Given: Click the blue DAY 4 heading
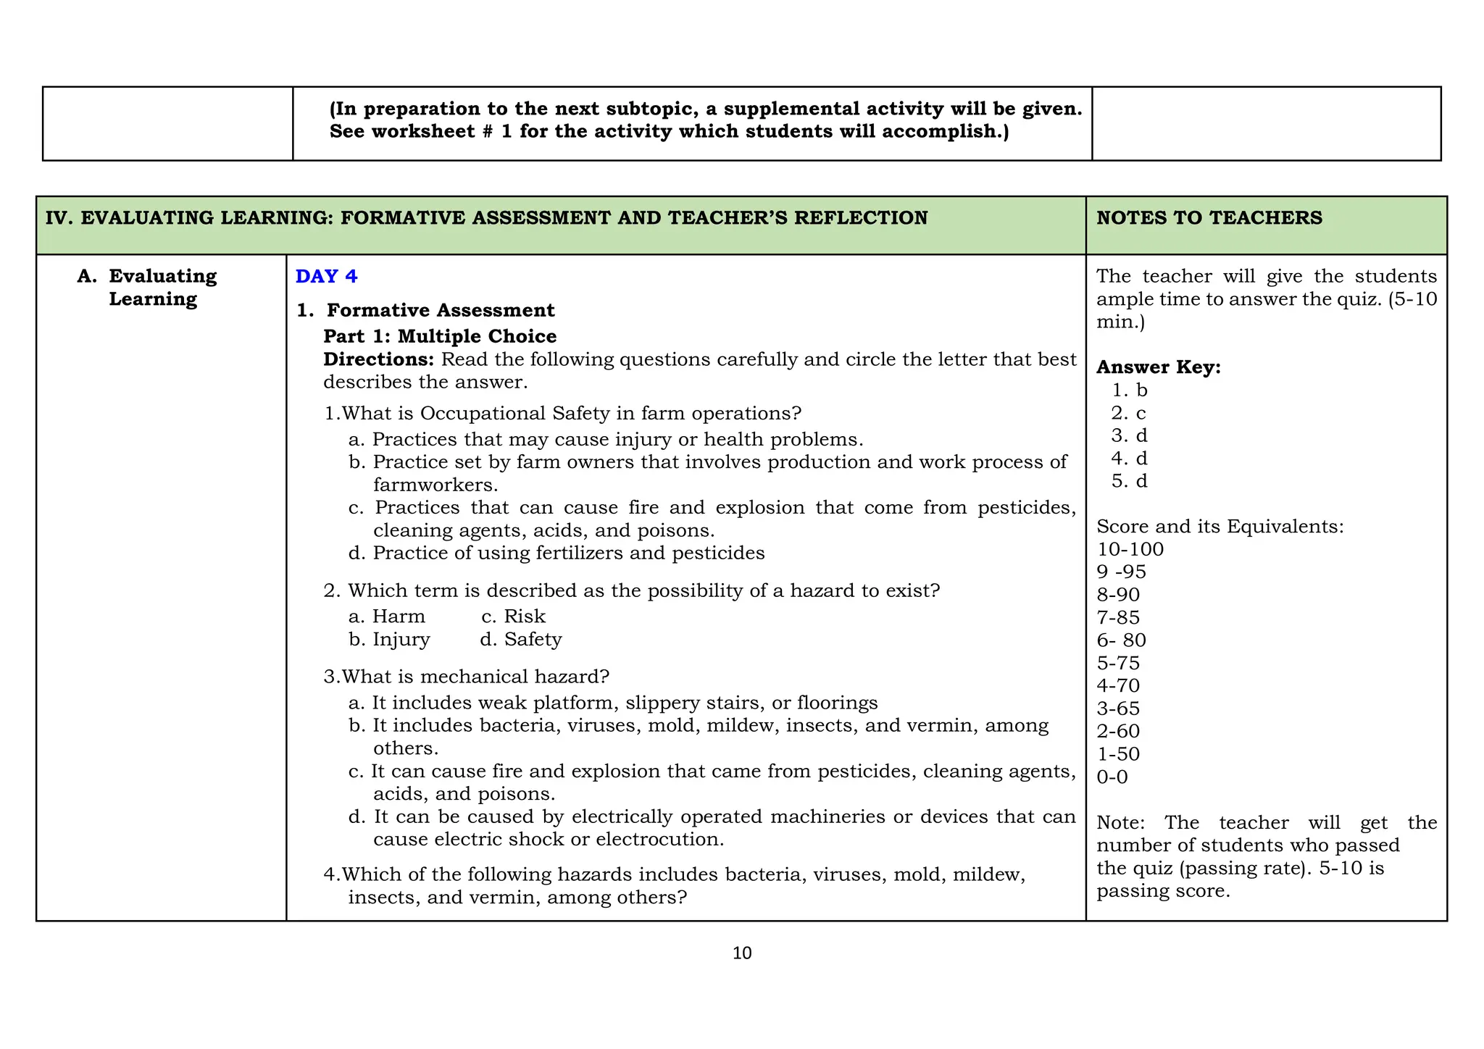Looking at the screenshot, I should [x=326, y=277].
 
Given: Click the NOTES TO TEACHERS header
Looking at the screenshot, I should [x=1209, y=218].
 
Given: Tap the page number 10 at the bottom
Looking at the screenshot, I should [x=742, y=953].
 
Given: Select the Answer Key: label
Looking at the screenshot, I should [x=1158, y=367].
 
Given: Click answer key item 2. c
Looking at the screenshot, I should [x=1129, y=413].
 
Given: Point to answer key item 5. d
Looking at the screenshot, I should [x=1129, y=481].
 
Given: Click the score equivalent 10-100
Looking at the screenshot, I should [x=1130, y=549].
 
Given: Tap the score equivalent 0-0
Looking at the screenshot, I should [x=1112, y=777].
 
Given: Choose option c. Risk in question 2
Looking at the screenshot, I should [x=513, y=617].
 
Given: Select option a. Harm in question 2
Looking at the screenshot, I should [x=386, y=617].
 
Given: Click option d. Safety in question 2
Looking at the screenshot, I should [x=520, y=640].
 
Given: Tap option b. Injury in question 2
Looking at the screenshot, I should [x=389, y=640].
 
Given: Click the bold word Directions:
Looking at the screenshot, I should [x=378, y=360].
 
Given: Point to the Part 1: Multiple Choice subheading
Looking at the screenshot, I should [x=440, y=337].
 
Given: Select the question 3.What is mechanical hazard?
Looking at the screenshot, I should [x=467, y=677].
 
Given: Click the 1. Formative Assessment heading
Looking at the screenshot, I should [x=426, y=311].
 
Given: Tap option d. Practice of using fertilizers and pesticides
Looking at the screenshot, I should [x=556, y=553].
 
